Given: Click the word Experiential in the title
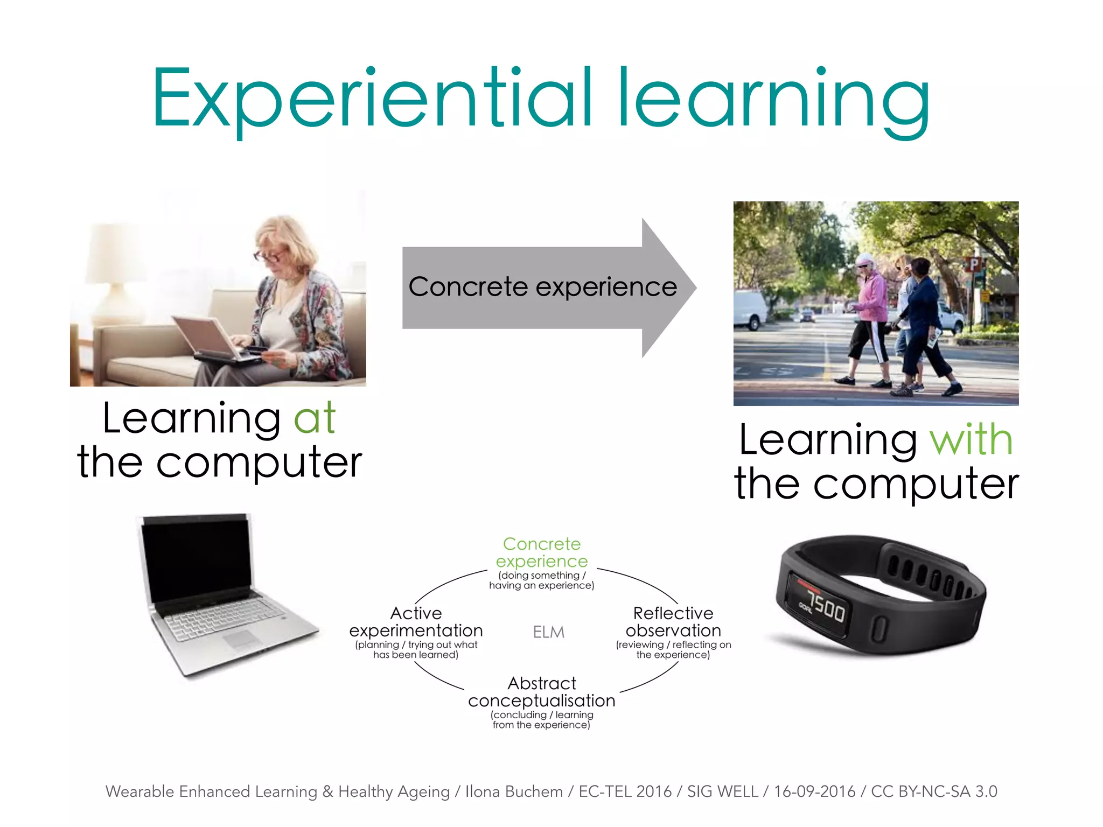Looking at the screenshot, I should click(372, 100).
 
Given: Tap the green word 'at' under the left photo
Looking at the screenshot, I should click(315, 418).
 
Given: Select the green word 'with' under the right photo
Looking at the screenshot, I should click(972, 440).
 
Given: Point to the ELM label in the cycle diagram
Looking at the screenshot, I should click(548, 632).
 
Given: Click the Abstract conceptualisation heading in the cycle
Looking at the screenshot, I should click(542, 692).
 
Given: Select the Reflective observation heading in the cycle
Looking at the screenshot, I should click(673, 622).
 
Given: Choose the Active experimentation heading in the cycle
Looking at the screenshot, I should click(416, 622).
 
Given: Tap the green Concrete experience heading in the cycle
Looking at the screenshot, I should click(542, 552).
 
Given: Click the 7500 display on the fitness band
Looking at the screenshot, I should click(827, 609).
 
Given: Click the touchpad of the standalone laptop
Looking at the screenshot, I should click(242, 640).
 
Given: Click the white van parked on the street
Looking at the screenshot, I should click(750, 310).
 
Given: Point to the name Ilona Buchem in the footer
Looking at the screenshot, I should click(514, 791).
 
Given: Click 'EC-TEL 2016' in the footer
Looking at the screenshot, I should click(625, 791).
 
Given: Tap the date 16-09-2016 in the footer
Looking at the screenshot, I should click(814, 791).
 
